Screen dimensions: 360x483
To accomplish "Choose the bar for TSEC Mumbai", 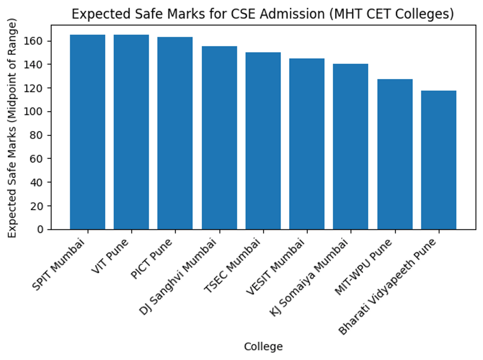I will pyautogui.click(x=263, y=141).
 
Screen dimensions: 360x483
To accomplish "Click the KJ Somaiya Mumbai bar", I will pyautogui.click(x=351, y=147).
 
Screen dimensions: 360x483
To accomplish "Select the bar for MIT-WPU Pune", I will pyautogui.click(x=395, y=154).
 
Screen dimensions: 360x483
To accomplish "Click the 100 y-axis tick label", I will pyautogui.click(x=40, y=112).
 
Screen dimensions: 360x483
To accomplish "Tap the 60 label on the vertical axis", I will pyautogui.click(x=43, y=159).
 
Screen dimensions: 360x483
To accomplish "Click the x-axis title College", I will pyautogui.click(x=263, y=347).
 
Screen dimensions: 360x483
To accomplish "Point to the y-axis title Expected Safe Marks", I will pyautogui.click(x=13, y=129).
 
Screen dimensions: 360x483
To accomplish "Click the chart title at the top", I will pyautogui.click(x=263, y=14).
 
